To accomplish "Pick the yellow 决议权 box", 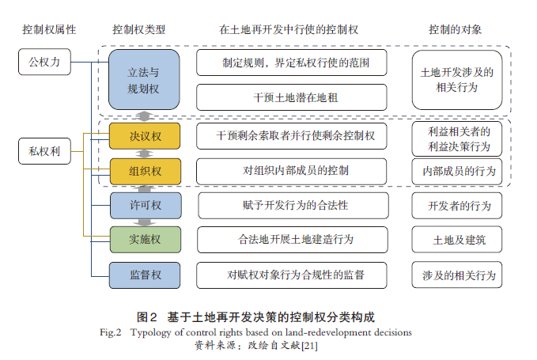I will click(145, 136).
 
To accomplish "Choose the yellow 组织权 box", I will click(145, 171).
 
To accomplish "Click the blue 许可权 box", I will click(145, 206).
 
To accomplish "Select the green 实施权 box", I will click(145, 240).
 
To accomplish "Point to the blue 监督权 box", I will click(145, 275).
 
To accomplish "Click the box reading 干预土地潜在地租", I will click(292, 97).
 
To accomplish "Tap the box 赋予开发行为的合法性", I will click(292, 206).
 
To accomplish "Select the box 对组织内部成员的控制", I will click(292, 171).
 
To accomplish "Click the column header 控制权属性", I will click(49, 29).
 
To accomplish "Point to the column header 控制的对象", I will click(455, 29).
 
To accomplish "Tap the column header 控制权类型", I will click(139, 29).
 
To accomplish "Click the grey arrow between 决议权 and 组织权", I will click(145, 153).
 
